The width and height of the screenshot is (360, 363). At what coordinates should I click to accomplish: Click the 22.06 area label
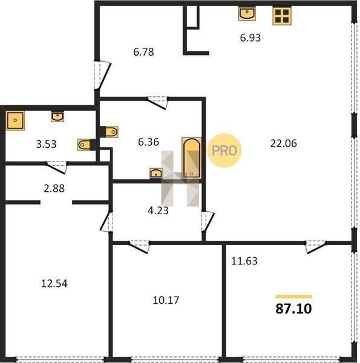click(x=283, y=143)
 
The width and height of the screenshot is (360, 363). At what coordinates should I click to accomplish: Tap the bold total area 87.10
click(x=293, y=309)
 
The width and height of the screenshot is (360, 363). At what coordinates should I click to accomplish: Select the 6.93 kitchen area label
click(x=250, y=38)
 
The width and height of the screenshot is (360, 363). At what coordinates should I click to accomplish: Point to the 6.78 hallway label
click(x=143, y=52)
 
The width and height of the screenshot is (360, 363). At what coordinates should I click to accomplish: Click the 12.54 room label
click(x=54, y=284)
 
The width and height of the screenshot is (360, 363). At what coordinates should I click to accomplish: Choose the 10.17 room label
click(x=166, y=300)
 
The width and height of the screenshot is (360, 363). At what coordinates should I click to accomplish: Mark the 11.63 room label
click(x=244, y=261)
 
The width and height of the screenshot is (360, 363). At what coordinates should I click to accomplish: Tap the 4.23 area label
click(x=158, y=211)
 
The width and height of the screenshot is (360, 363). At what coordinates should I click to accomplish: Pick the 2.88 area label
click(x=54, y=188)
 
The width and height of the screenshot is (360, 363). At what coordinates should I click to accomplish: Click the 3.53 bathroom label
click(x=47, y=144)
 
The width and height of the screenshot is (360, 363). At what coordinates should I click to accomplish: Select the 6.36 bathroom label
click(x=148, y=142)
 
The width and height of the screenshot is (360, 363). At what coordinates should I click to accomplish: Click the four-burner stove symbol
click(x=282, y=16)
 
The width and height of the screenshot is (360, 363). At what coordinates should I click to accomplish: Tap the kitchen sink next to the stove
click(x=247, y=14)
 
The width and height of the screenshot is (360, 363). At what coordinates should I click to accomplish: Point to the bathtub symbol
click(x=191, y=158)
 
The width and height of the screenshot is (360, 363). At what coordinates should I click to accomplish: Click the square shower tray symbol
click(x=15, y=120)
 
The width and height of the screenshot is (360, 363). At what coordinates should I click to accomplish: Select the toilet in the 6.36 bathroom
click(x=110, y=132)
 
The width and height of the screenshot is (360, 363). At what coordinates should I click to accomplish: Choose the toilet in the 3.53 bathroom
click(x=87, y=145)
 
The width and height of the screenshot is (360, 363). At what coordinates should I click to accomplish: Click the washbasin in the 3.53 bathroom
click(x=57, y=117)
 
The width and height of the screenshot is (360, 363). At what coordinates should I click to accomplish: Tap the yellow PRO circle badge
click(x=224, y=151)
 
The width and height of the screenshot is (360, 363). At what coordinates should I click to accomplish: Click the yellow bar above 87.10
click(x=293, y=297)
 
